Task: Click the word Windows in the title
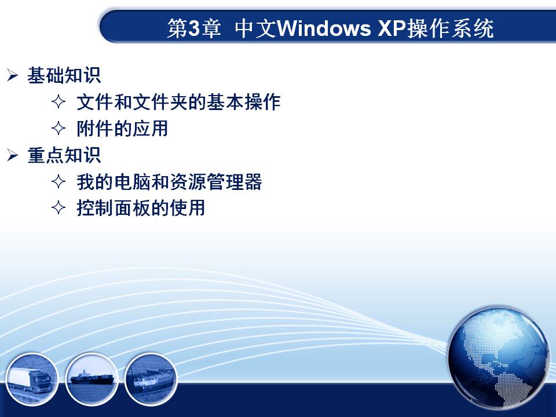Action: pyautogui.click(x=323, y=28)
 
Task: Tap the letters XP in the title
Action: pyautogui.click(x=392, y=28)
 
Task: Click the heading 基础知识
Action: pyautogui.click(x=64, y=75)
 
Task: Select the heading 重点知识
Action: pyautogui.click(x=64, y=155)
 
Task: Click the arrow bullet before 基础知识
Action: pyautogui.click(x=12, y=75)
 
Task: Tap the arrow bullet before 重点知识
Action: pyautogui.click(x=12, y=155)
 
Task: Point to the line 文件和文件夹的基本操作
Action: pyautogui.click(x=178, y=102)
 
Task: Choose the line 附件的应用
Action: pyautogui.click(x=122, y=129)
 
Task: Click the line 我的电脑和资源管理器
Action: pyautogui.click(x=169, y=181)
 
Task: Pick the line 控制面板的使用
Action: pyautogui.click(x=141, y=208)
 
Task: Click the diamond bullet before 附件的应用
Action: pyautogui.click(x=58, y=129)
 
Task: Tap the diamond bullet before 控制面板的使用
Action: pyautogui.click(x=58, y=208)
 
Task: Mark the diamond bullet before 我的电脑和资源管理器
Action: pyautogui.click(x=58, y=181)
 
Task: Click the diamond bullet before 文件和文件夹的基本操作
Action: pyautogui.click(x=58, y=102)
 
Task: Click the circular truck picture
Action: pyautogui.click(x=31, y=379)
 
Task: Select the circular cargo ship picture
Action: pyautogui.click(x=92, y=379)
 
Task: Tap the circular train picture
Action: pyautogui.click(x=151, y=379)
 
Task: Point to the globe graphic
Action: pyautogui.click(x=498, y=357)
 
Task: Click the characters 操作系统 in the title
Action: pyautogui.click(x=451, y=28)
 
